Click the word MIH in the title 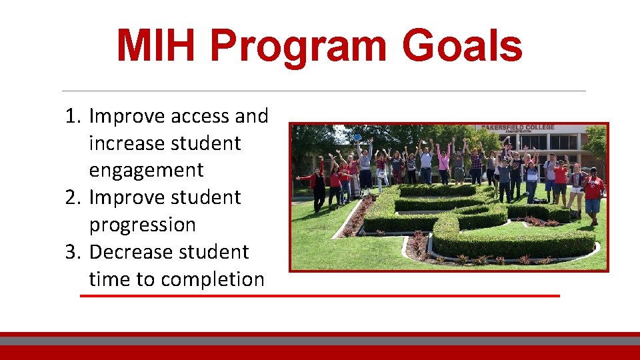point(158,47)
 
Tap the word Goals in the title point(462,47)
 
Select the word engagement point(146,171)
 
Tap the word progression point(142,225)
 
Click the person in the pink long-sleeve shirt point(443,163)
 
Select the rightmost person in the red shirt point(592,189)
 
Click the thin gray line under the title point(323,91)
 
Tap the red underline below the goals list point(320,295)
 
